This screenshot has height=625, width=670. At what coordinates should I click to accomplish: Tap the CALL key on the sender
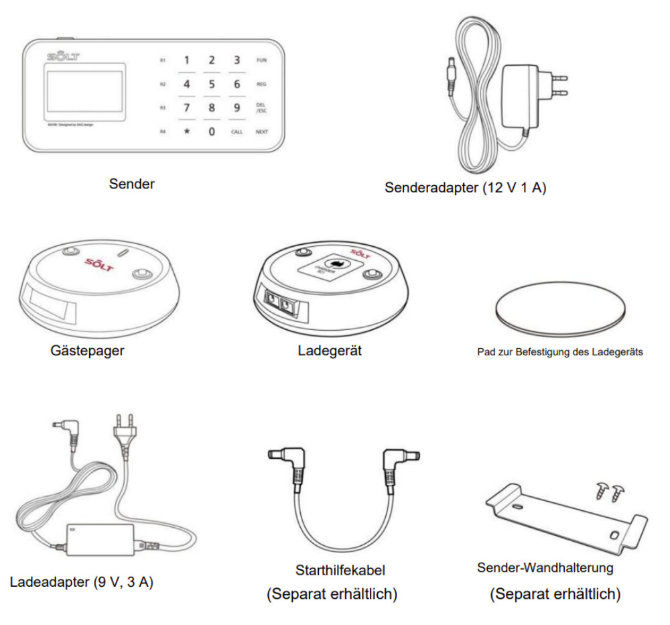pyautogui.click(x=237, y=131)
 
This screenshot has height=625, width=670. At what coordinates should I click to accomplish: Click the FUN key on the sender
pyautogui.click(x=261, y=60)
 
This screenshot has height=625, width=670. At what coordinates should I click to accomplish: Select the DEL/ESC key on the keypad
pyautogui.click(x=261, y=108)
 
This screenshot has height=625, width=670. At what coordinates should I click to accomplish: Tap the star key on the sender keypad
pyautogui.click(x=187, y=131)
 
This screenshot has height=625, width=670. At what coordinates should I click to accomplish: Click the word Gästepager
pyautogui.click(x=87, y=350)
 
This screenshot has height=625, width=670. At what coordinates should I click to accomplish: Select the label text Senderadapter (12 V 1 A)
pyautogui.click(x=466, y=188)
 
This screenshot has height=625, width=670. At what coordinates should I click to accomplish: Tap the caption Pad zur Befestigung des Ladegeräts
pyautogui.click(x=560, y=351)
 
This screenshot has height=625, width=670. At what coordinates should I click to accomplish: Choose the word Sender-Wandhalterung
pyautogui.click(x=545, y=568)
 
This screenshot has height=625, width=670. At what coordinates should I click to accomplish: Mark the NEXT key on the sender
pyautogui.click(x=261, y=131)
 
